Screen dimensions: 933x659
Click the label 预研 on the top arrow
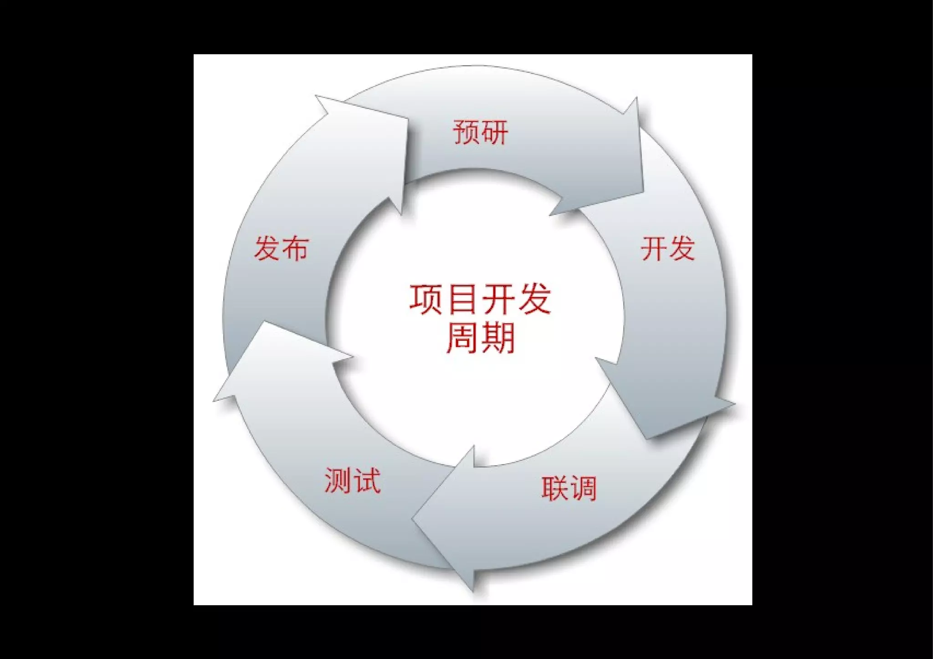coord(480,133)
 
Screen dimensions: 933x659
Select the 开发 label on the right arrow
coord(668,249)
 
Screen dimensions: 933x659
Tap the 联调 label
coord(569,489)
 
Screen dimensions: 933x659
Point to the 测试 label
coord(352,480)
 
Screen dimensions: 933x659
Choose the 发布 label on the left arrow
coord(281,249)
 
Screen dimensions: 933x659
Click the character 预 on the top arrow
coord(466,133)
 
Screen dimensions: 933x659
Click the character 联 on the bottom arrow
coord(555,489)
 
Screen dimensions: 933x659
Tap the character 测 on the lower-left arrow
coord(338,480)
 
